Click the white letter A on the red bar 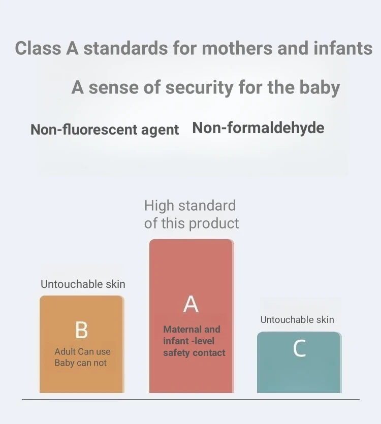pyautogui.click(x=191, y=304)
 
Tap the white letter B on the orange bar pyautogui.click(x=81, y=330)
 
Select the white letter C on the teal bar pyautogui.click(x=300, y=348)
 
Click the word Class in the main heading pyautogui.click(x=38, y=48)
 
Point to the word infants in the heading pyautogui.click(x=343, y=48)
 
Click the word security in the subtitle pyautogui.click(x=200, y=88)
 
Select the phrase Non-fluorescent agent pyautogui.click(x=105, y=129)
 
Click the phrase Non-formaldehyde pyautogui.click(x=258, y=127)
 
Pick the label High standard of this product pyautogui.click(x=192, y=214)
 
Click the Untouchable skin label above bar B pyautogui.click(x=83, y=284)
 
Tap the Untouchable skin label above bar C pyautogui.click(x=297, y=319)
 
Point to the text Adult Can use pyautogui.click(x=82, y=351)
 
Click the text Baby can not pyautogui.click(x=81, y=363)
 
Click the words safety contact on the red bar pyautogui.click(x=194, y=353)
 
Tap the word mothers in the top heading pyautogui.click(x=237, y=48)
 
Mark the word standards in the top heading pyautogui.click(x=126, y=48)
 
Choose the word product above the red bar pyautogui.click(x=214, y=224)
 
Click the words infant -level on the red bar pyautogui.click(x=188, y=341)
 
